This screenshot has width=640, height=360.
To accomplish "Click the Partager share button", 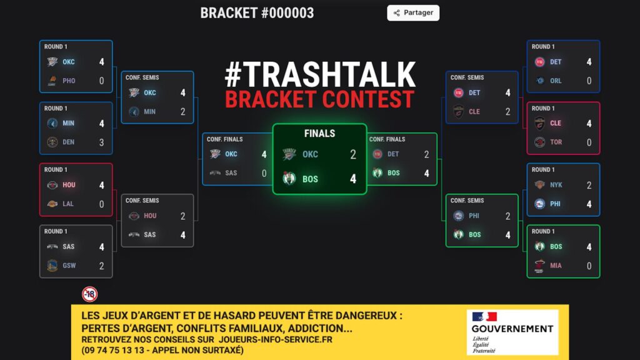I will (413, 12).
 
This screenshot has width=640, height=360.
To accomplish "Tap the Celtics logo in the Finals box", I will (289, 179).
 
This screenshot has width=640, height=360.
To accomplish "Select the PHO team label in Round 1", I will (69, 81).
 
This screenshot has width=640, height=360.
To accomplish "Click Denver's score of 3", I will (101, 142).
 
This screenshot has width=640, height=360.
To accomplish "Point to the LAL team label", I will (68, 204).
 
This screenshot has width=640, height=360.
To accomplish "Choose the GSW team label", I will (69, 266).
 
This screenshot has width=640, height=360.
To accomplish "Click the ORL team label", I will (556, 81).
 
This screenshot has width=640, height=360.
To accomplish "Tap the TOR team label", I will (556, 142).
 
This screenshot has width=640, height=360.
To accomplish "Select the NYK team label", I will (556, 185).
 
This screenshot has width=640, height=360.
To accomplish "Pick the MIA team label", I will (556, 266).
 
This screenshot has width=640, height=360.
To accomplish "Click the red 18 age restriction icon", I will (90, 294).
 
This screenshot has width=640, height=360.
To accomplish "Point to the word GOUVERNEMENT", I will (512, 329).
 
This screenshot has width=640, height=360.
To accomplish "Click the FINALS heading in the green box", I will (319, 133).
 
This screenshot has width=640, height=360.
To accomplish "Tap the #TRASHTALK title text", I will (320, 75).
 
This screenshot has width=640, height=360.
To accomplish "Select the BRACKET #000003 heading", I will (257, 13).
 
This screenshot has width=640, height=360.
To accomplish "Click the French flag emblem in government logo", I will (484, 316).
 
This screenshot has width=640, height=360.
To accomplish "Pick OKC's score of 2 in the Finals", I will (353, 154).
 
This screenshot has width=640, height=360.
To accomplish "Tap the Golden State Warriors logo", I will (52, 266).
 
